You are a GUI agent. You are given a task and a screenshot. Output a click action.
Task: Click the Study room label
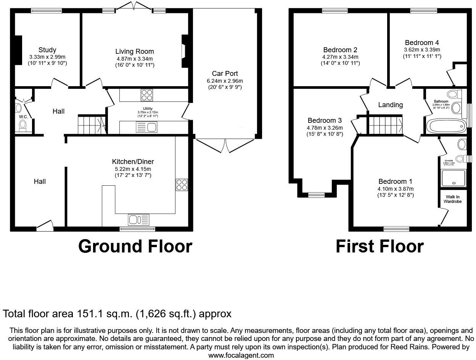47,50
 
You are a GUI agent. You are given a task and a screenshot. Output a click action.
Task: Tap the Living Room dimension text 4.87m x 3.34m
135,59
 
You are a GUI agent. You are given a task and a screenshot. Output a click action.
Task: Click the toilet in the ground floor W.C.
23,125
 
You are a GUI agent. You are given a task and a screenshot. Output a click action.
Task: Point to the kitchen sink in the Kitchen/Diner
139,220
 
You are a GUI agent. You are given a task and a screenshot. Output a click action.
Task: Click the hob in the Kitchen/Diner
182,185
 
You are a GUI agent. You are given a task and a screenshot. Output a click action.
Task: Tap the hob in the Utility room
146,95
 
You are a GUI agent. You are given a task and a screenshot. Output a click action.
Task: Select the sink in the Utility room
146,127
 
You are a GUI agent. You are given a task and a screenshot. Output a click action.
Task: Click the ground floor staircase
92,125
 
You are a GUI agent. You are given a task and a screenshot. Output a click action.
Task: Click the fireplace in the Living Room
184,51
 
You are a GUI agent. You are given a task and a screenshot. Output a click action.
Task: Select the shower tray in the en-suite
453,178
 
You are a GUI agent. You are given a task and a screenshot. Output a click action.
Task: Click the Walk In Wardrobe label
453,199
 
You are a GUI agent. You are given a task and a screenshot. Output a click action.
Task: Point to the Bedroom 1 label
395,182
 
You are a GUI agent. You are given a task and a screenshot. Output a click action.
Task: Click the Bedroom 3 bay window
316,195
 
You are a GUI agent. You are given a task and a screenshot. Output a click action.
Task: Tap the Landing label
390,105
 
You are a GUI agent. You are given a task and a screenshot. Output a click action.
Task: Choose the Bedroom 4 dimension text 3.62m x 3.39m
422,50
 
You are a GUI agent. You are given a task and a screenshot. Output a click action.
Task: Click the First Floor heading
380,246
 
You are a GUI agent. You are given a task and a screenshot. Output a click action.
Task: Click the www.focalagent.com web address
241,355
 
